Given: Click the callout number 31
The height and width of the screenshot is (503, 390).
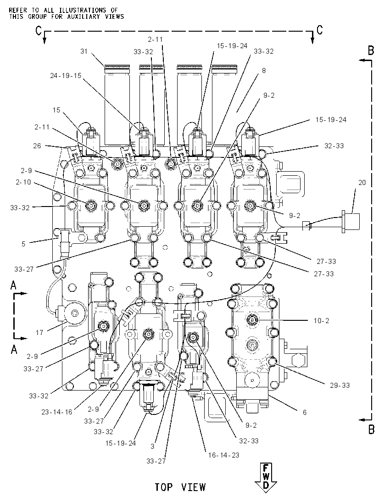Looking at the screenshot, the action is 84,51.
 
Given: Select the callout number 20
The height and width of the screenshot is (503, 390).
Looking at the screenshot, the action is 362,183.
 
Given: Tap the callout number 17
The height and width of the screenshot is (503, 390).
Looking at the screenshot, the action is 39,333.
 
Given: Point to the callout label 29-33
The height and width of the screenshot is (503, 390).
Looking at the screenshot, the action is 340,385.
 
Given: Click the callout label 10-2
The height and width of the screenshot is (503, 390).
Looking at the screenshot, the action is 321,321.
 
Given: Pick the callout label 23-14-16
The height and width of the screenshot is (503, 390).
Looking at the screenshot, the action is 57,412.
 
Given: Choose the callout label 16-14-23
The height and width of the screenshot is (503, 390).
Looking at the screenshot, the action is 223,455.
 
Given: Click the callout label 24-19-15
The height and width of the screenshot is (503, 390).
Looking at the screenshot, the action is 66,76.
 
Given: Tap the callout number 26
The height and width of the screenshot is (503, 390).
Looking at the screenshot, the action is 37,145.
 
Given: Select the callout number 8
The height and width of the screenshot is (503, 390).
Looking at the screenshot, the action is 264,71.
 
